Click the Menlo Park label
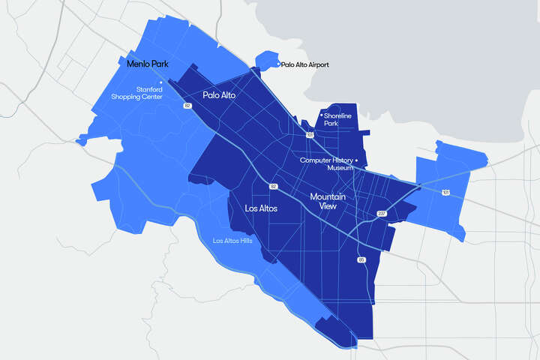pyautogui.click(x=147, y=64)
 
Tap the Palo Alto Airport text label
pyautogui.click(x=305, y=65)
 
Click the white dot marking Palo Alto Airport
pyautogui.click(x=278, y=64)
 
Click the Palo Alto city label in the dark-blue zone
pyautogui.click(x=219, y=95)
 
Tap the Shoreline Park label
pyautogui.click(x=340, y=120)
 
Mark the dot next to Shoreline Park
pyautogui.click(x=322, y=115)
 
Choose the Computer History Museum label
pyautogui.click(x=326, y=163)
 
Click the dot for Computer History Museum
pyautogui.click(x=356, y=160)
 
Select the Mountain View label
pyautogui.click(x=328, y=201)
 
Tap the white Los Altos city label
pyautogui.click(x=262, y=208)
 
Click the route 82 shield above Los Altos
pyautogui.click(x=274, y=186)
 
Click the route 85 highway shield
pyautogui.click(x=362, y=259)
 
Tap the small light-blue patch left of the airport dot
pyautogui.click(x=265, y=60)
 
